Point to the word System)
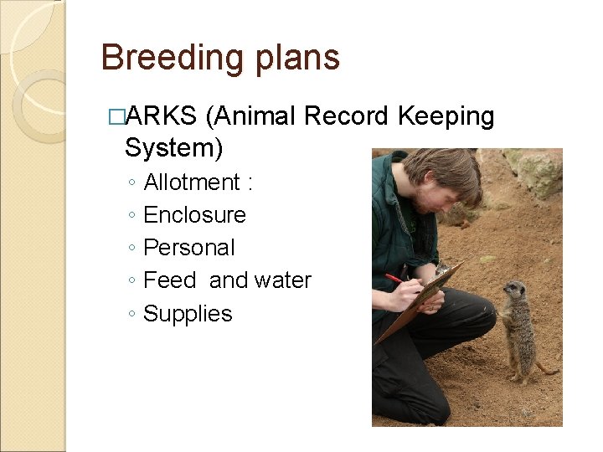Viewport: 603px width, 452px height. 173,148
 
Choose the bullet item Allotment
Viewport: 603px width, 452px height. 192,182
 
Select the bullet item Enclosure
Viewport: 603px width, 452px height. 194,215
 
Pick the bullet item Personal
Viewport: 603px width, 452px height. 189,248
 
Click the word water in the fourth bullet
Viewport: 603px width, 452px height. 283,280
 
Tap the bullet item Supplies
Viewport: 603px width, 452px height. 188,314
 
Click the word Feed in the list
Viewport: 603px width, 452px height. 170,280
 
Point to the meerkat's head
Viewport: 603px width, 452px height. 513,291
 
